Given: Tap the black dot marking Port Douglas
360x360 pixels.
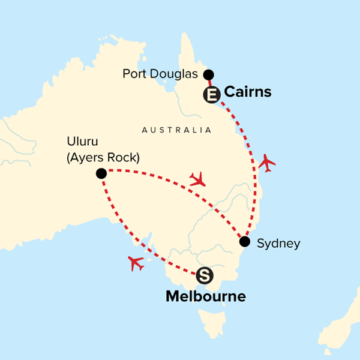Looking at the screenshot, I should [208, 74].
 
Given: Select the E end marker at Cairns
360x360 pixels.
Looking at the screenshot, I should [212, 94].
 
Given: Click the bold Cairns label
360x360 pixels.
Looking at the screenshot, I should [247, 92].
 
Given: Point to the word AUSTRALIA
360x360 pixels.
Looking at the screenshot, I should [176, 130].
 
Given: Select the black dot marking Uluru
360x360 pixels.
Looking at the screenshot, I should [101, 173].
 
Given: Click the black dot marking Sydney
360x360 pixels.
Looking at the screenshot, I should [244, 242].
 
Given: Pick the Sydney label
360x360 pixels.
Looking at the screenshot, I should [278, 244].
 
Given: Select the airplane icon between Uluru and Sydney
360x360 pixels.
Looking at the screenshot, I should [197, 178].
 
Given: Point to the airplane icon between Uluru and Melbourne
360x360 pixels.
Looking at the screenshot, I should [136, 263].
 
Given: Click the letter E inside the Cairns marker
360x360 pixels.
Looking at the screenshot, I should [212, 94].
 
